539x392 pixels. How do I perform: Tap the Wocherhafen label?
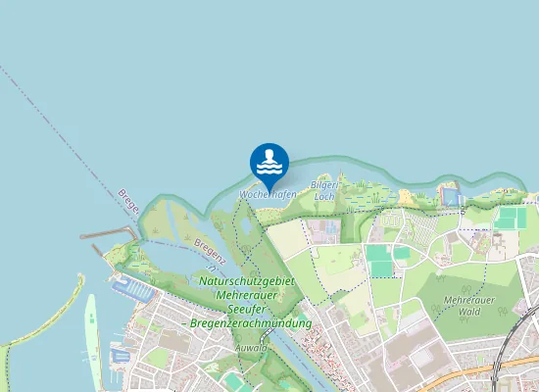tap(268, 195)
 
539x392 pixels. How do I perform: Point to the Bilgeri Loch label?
tap(323, 190)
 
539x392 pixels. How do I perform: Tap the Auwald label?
tap(251, 347)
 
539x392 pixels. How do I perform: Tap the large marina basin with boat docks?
tap(131, 289)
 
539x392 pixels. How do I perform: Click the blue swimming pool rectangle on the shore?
tap(451, 197)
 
